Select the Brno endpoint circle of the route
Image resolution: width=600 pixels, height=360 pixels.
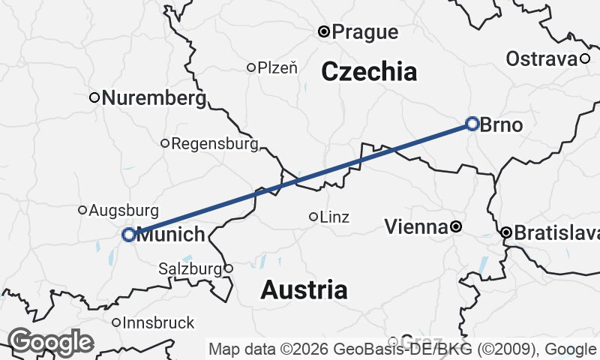coord(472,124)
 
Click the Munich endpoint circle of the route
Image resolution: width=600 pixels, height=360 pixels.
coord(129,235)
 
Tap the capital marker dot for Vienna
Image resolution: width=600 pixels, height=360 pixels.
coord(455,226)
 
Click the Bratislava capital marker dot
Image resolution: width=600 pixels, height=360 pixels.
coord(506,233)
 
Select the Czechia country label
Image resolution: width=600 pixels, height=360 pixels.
coord(369,72)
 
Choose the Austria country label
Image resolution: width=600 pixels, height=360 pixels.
coord(304,289)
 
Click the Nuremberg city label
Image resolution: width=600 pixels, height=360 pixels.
coord(154,97)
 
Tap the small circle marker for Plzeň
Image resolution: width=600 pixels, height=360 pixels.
coord(251,67)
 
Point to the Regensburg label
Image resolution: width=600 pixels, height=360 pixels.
coord(214,143)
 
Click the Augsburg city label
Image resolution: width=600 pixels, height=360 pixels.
coord(124,211)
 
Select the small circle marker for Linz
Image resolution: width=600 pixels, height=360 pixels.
coord(313,217)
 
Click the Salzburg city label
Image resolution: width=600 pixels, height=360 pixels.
coord(190,268)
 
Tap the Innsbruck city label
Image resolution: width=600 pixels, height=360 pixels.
coord(158,323)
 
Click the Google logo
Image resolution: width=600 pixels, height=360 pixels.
coord(50,342)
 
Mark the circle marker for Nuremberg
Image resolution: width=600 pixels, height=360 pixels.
coord(94,97)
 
